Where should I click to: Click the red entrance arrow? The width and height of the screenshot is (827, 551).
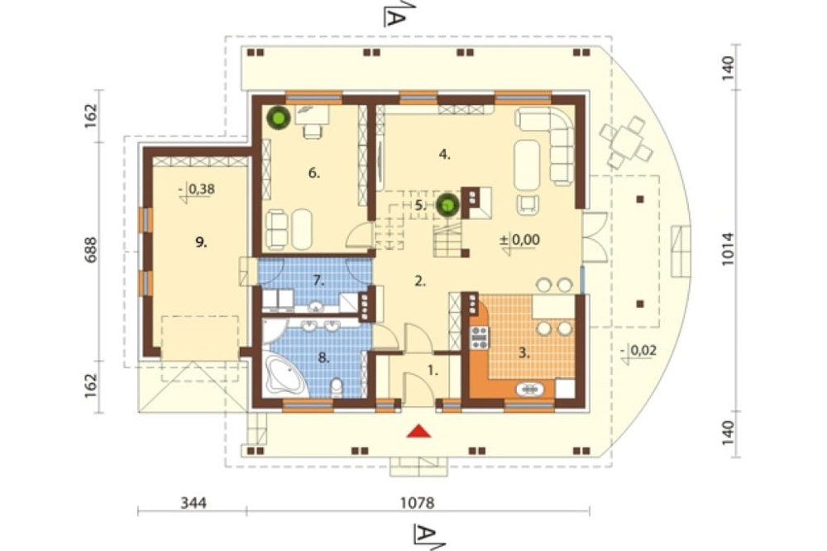coord(418,431)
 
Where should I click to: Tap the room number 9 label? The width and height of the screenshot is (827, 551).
coord(201,242)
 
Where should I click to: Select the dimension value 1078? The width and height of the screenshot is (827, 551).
coord(417,503)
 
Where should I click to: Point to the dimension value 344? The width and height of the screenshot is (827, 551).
coord(194,503)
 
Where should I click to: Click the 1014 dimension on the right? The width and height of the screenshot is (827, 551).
coord(728,248)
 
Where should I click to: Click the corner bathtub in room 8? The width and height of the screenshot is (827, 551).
coord(284,374)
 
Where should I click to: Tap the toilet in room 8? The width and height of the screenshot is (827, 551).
coord(336,387)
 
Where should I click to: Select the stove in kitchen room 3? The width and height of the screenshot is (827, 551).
coord(480,338)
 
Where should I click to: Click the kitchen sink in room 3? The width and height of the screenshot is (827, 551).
coord(529,390)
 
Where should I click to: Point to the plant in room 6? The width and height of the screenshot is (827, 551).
coord(278,117)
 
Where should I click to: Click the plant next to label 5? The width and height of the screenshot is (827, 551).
coord(447,205)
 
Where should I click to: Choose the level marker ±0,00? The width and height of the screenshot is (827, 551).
coord(520,240)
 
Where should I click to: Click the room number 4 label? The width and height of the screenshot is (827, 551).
coord(445,155)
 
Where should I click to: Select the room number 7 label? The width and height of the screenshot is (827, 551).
coord(318,280)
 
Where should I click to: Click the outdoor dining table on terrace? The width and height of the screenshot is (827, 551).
coord(627,142)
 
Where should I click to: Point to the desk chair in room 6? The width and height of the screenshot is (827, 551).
coord(313,131)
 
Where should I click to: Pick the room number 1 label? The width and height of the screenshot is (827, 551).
coord(433,371)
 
